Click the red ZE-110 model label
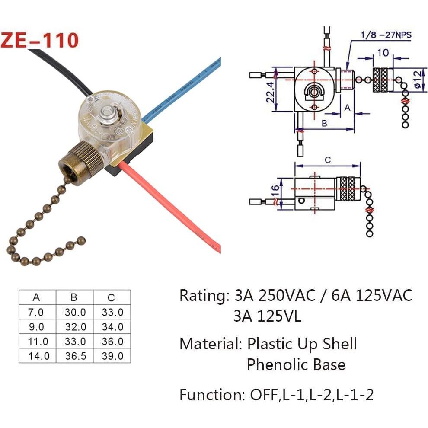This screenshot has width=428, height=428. (40, 40)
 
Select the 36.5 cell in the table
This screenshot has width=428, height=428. (74, 356)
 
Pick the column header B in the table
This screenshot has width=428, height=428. (74, 297)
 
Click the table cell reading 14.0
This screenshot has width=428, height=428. (38, 356)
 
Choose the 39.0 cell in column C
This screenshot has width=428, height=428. (112, 356)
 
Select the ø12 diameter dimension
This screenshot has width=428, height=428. (417, 80)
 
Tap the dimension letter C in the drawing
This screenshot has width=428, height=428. (327, 160)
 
